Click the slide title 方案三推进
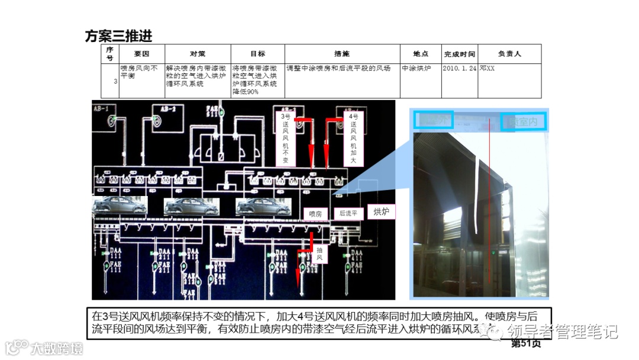[118, 36]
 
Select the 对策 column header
[198, 54]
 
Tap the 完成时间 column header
[459, 54]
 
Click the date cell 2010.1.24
[459, 68]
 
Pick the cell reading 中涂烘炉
[417, 68]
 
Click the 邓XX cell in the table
[488, 68]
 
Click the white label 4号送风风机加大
[353, 139]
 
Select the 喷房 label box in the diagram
[316, 214]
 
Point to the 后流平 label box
[348, 214]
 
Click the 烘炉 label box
[382, 211]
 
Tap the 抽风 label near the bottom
[319, 254]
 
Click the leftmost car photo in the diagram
[120, 205]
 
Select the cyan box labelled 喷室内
[524, 121]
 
